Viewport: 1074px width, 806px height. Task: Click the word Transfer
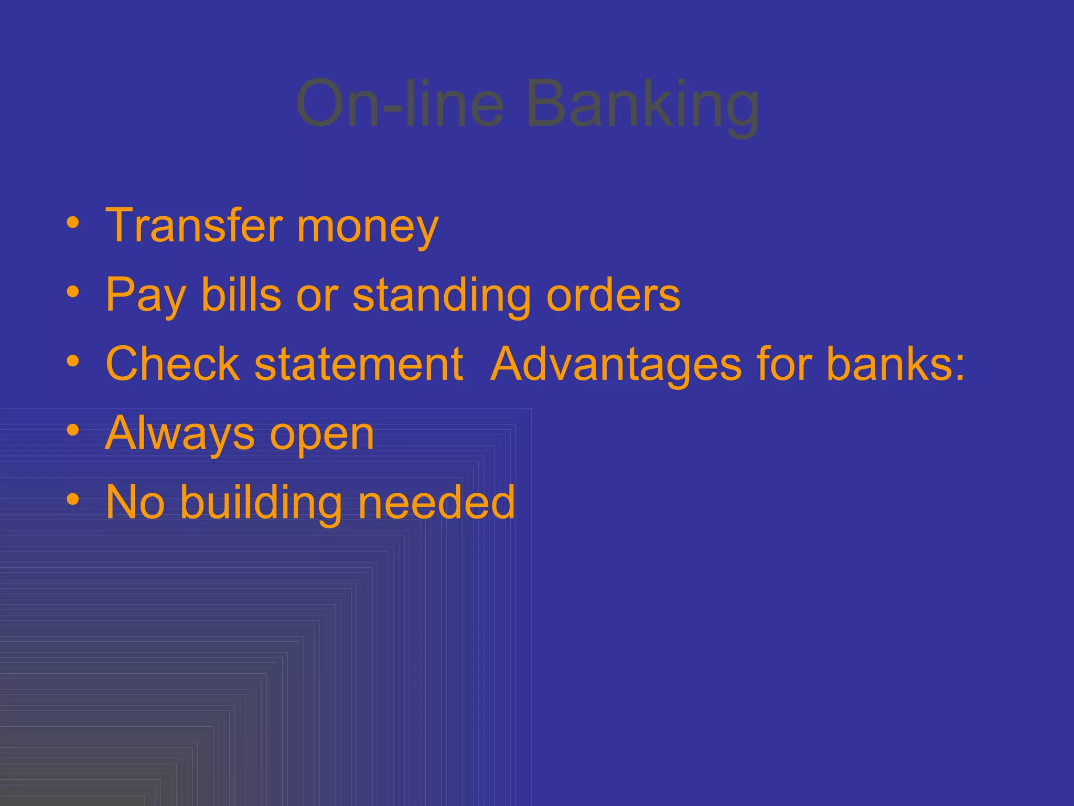(194, 226)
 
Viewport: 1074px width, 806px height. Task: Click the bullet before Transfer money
(73, 224)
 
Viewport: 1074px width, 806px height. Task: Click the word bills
(241, 294)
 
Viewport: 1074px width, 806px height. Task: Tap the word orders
(613, 295)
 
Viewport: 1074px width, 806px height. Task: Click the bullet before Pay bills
(73, 292)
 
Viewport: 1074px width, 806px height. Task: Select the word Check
(173, 364)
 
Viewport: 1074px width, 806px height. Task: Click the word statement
(358, 365)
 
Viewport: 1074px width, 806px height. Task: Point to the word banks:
(896, 364)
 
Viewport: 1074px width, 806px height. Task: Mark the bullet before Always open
(73, 431)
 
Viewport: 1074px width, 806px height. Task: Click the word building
(261, 503)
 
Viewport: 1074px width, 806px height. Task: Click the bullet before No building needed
(73, 500)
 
